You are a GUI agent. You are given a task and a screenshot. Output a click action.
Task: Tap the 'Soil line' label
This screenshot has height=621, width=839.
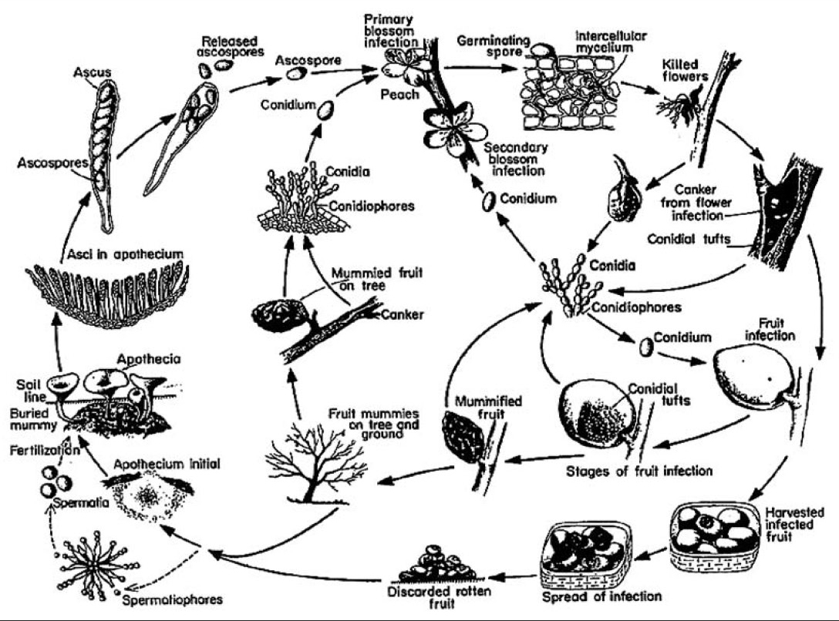[x=29, y=388]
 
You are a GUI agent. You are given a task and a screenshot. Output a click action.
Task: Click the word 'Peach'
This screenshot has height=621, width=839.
[x=396, y=95]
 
